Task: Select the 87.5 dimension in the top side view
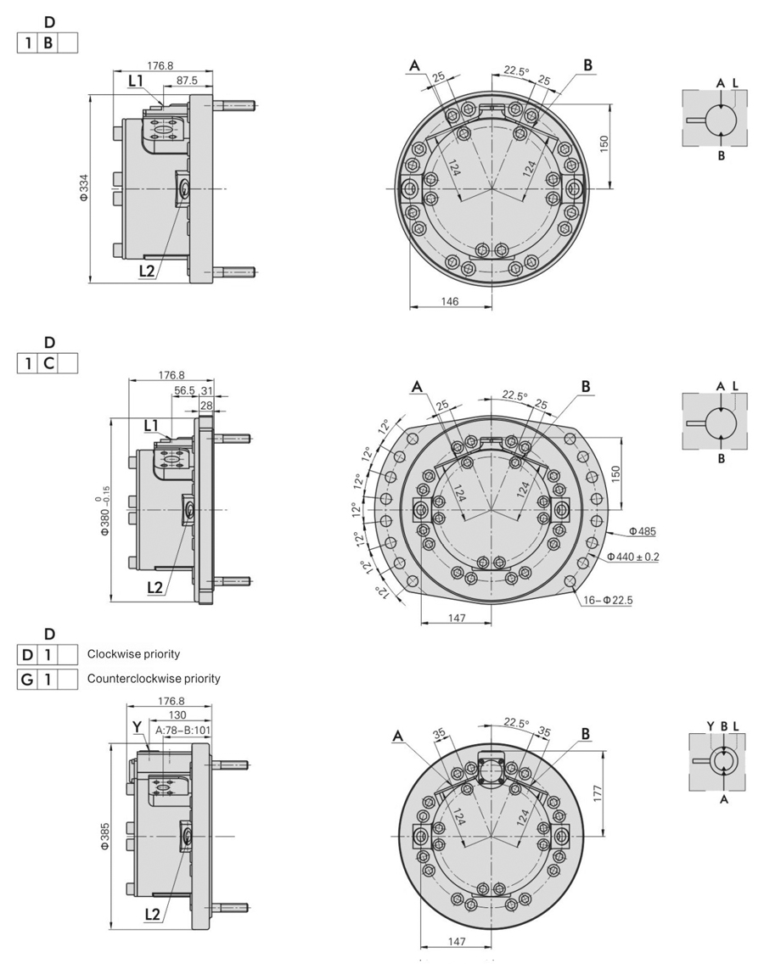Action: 187,80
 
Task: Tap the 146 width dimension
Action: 450,302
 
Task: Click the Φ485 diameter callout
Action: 643,532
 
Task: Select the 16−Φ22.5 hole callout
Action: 608,600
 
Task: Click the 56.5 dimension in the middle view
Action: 184,391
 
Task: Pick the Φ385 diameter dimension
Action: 104,835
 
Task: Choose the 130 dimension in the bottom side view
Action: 179,715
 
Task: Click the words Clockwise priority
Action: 133,654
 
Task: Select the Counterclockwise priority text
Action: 154,679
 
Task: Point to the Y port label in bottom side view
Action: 137,727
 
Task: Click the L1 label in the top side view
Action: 135,80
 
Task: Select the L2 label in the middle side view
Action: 154,586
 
